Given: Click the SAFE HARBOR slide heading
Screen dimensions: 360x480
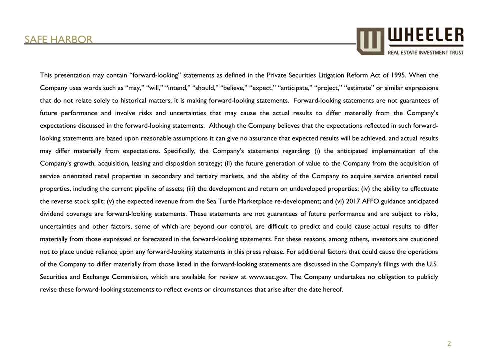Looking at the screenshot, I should [x=59, y=39].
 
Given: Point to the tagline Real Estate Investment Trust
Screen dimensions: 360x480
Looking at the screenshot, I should [x=425, y=52].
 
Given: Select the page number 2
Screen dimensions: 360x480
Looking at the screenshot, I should [x=449, y=344].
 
